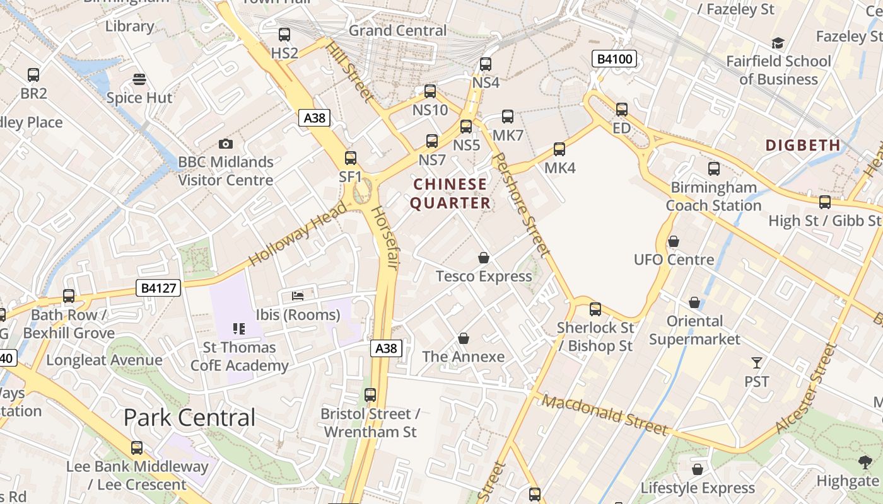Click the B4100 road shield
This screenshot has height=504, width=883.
(x=614, y=59)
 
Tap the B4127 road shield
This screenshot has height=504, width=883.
(x=159, y=289)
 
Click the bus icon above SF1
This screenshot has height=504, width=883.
(x=351, y=158)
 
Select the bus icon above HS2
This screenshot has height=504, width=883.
(x=284, y=35)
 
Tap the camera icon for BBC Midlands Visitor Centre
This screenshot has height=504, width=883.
(x=225, y=144)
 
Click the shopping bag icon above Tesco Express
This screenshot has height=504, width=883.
(x=484, y=258)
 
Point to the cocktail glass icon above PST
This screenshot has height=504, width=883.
(x=757, y=363)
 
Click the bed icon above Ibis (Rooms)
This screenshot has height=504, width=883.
(x=298, y=295)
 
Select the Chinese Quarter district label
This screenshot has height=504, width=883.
(x=450, y=193)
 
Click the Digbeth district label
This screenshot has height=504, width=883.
(x=803, y=146)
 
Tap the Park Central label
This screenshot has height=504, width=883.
(x=189, y=417)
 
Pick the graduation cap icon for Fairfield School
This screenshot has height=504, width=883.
(x=778, y=43)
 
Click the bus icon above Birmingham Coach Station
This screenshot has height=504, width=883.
(x=713, y=169)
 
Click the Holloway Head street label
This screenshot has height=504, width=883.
(x=297, y=234)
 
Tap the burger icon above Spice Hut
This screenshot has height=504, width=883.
(x=139, y=79)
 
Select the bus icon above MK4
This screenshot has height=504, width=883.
(x=559, y=149)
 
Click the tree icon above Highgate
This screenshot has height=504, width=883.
(x=865, y=462)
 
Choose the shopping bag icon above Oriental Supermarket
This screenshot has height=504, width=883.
(x=694, y=303)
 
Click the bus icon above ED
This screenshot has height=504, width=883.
(x=622, y=110)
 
